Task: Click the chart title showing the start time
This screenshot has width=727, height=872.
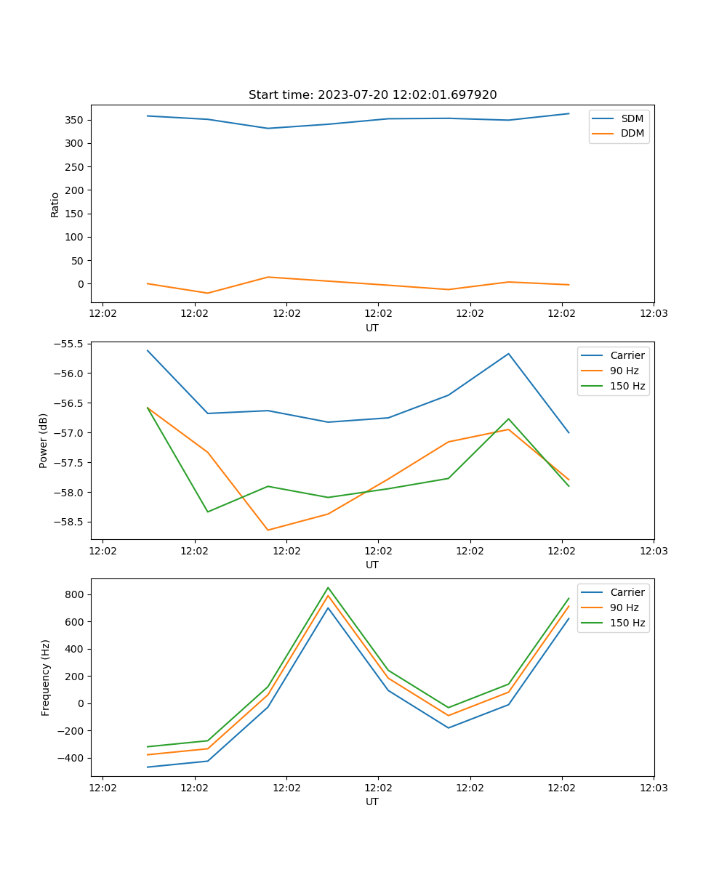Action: click(372, 95)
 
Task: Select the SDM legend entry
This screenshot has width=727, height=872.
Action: click(632, 118)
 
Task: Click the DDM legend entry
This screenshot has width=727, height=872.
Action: click(632, 133)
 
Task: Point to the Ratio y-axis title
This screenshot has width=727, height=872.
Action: click(55, 204)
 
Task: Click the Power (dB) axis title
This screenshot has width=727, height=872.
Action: click(44, 440)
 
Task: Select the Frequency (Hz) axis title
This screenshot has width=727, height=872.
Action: click(46, 677)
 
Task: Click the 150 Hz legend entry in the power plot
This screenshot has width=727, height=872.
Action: click(627, 386)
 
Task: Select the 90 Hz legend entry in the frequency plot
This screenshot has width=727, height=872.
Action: click(624, 607)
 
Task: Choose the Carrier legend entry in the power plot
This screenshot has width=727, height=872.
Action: click(627, 355)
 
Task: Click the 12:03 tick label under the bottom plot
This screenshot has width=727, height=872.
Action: click(653, 788)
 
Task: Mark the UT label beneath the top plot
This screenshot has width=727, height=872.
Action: click(372, 328)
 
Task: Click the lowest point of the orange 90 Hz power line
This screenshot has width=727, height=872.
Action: click(268, 530)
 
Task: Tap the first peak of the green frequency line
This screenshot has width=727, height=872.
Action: click(328, 588)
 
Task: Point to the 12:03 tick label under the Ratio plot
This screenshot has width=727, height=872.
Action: click(653, 314)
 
